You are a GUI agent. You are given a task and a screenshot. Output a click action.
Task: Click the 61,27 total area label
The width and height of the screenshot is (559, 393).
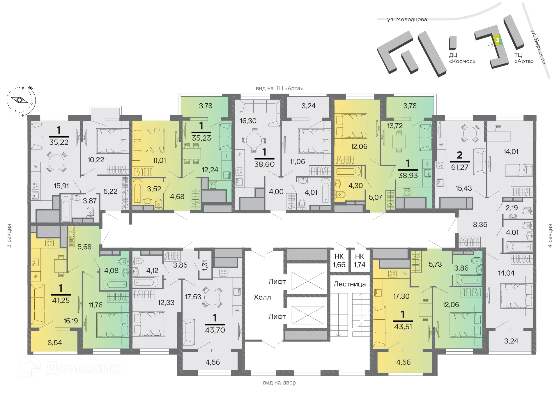point(460,167)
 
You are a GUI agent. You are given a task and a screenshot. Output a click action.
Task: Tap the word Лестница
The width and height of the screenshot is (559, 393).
point(349,284)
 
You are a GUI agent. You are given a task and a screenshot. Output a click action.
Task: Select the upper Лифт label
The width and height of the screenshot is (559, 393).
point(277,282)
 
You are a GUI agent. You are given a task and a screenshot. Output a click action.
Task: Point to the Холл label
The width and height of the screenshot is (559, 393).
point(262,297)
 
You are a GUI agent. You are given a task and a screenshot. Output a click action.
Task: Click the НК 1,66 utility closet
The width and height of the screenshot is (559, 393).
point(339,261)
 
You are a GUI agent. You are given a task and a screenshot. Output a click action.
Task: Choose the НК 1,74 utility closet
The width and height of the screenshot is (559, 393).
point(360,261)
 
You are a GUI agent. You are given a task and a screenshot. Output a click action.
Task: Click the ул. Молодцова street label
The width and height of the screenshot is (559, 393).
point(407,20)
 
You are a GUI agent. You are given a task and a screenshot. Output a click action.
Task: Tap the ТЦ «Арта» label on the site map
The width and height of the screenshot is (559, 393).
point(524,58)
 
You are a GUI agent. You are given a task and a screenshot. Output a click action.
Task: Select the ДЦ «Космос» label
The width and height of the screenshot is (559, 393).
point(462,58)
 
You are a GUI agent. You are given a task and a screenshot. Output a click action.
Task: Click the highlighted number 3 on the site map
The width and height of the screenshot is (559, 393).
point(498,40)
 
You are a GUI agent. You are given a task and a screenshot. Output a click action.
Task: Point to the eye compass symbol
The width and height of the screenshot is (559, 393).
point(20,100)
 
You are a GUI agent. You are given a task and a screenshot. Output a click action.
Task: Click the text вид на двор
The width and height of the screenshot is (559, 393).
point(279,383)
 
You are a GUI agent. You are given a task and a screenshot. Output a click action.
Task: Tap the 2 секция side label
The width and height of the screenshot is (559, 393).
point(9,236)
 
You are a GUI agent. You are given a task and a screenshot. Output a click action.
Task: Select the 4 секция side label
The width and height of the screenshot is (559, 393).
point(550,236)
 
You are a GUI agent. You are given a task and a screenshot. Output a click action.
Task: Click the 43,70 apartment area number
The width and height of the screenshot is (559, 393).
point(215,330)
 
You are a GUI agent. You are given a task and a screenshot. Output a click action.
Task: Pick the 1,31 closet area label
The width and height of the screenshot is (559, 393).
point(205,265)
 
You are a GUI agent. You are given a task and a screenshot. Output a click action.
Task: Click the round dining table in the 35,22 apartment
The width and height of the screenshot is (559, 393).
point(56,162)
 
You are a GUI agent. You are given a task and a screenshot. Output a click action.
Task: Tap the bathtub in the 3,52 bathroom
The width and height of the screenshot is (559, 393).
point(138,191)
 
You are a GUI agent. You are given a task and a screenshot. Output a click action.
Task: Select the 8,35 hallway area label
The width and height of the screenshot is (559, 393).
point(480,224)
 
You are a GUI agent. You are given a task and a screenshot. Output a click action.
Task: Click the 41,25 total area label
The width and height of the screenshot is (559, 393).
point(61,300)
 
